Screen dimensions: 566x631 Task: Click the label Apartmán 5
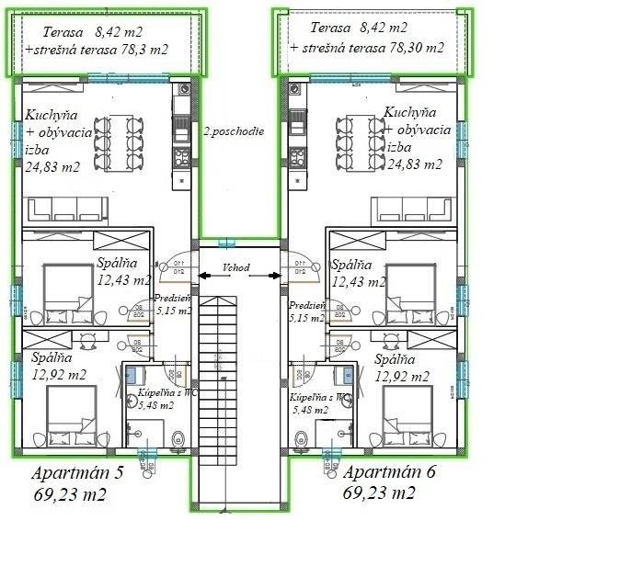click(x=76, y=474)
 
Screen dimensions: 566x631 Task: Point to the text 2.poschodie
click(x=234, y=131)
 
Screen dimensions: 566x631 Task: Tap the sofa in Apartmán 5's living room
click(x=65, y=209)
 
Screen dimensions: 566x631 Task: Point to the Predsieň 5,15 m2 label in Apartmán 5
click(x=173, y=305)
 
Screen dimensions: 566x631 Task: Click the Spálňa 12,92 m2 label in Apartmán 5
click(x=59, y=367)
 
